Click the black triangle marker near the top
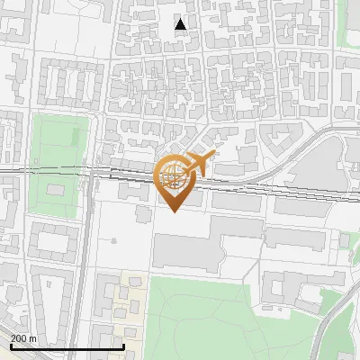click(x=181, y=24)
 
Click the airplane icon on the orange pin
click(x=200, y=164)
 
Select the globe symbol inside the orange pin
click(x=175, y=176)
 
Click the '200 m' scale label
click(x=23, y=338)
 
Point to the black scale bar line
click(x=67, y=346)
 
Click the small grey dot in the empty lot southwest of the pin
click(x=114, y=240)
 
